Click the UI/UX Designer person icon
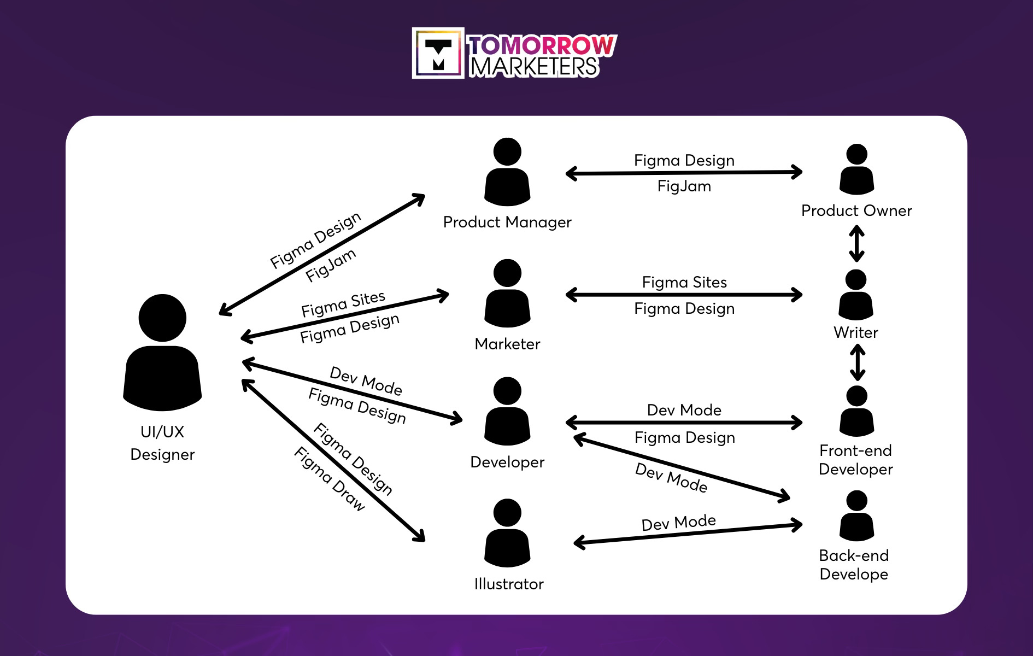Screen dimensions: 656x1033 point(162,353)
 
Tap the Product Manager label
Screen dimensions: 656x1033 point(507,222)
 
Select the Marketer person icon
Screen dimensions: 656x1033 point(507,295)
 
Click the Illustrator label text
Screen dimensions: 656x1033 point(508,584)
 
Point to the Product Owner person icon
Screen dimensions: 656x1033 point(856,171)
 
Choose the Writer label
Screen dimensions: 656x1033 point(855,332)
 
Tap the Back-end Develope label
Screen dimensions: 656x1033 point(854,565)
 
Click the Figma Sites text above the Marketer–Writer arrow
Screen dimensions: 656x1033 point(684,282)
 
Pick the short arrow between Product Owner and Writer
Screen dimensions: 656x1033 point(856,244)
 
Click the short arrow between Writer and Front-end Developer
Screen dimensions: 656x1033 point(858,362)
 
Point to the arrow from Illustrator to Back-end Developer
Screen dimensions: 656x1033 point(688,534)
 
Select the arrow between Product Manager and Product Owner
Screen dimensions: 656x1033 point(684,173)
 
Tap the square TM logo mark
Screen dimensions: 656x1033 point(438,54)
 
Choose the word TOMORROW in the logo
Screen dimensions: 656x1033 point(543,45)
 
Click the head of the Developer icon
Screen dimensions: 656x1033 point(507,391)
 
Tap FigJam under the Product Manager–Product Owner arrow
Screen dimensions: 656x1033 point(684,186)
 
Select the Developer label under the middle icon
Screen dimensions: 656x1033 point(507,462)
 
